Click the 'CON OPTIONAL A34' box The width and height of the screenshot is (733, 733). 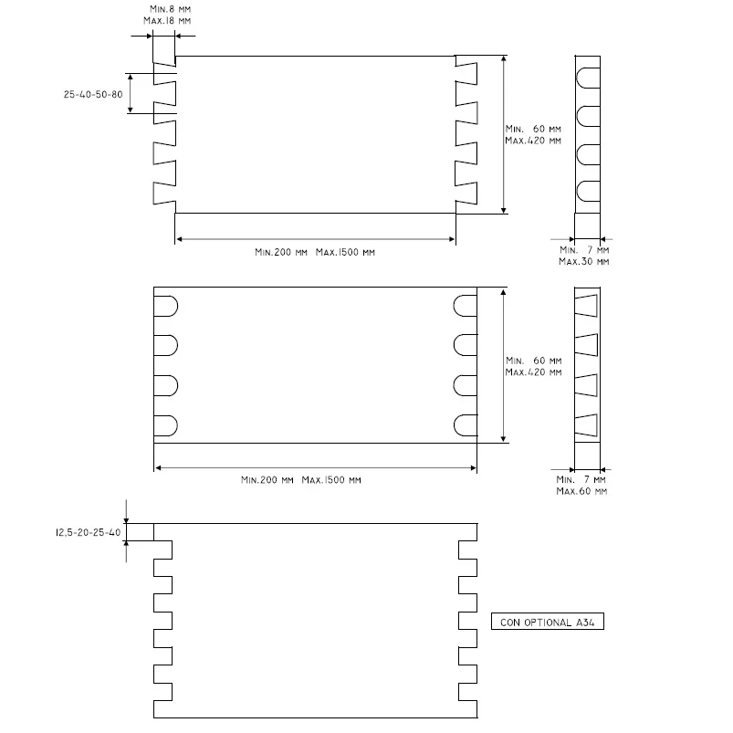(x=548, y=622)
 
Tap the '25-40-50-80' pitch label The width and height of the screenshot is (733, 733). (x=93, y=94)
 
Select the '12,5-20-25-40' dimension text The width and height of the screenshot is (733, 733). (x=89, y=532)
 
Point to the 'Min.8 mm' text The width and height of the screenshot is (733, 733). (x=170, y=9)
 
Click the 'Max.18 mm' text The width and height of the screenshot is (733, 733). (x=167, y=21)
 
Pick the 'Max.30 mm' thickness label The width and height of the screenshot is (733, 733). (x=584, y=261)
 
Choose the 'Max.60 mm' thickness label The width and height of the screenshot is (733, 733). (x=581, y=491)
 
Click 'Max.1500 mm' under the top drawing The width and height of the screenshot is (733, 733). (x=345, y=252)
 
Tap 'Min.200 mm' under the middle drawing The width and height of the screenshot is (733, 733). (x=267, y=479)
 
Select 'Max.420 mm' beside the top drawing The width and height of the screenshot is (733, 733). (x=533, y=141)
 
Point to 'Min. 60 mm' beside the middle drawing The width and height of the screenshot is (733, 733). (x=533, y=361)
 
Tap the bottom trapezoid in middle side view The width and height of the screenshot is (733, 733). (x=586, y=425)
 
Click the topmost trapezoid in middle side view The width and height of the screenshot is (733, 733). (x=586, y=306)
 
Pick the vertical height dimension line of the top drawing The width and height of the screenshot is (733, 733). (x=504, y=134)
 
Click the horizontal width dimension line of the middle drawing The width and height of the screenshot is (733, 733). (x=316, y=467)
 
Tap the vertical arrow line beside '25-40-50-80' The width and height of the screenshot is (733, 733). (x=131, y=93)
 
